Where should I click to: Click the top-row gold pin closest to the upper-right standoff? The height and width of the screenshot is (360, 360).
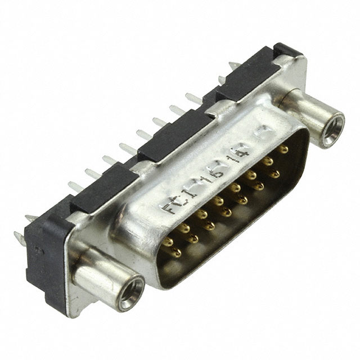[x=283, y=149]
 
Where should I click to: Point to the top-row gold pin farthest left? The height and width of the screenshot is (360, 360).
[x=168, y=242]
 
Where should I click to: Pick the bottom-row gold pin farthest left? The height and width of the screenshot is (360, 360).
[x=177, y=253]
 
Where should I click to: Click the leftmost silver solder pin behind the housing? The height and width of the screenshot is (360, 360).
[x=18, y=236]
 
